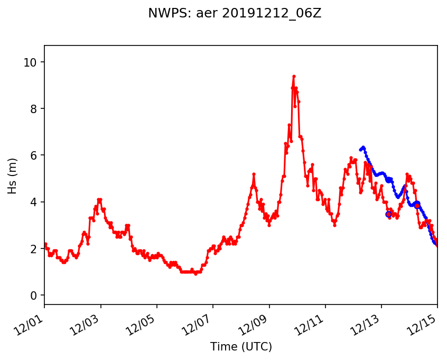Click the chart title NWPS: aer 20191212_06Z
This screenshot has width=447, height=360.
(x=235, y=14)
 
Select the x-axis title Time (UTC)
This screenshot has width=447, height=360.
(x=241, y=347)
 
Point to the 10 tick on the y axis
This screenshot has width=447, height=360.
(x=33, y=62)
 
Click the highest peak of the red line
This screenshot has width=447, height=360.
(x=294, y=76)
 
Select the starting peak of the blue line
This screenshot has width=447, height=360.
(x=363, y=147)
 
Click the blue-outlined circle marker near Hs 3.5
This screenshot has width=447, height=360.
(x=388, y=214)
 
